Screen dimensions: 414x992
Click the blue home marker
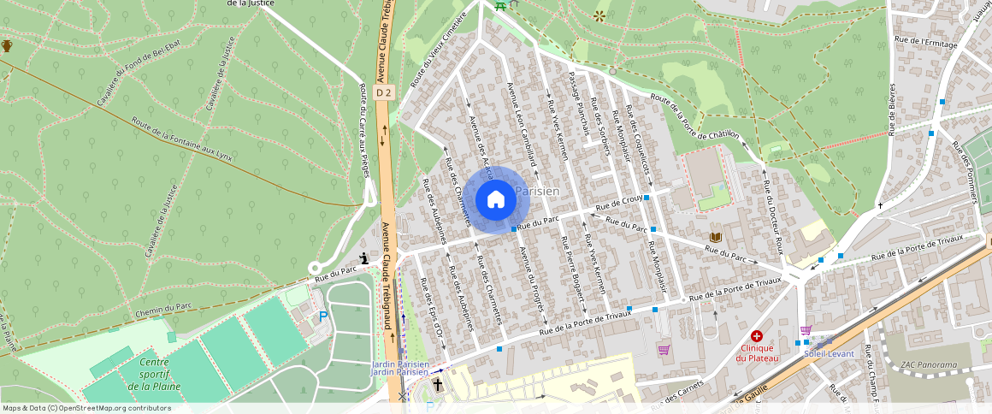[495, 199]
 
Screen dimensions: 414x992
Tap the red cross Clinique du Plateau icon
[756, 337]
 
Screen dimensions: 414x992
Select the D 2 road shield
[384, 92]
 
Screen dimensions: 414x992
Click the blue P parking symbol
[323, 316]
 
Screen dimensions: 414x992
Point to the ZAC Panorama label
[929, 365]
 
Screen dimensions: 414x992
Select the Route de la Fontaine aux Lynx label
[182, 139]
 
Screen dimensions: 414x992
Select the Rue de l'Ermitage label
[925, 40]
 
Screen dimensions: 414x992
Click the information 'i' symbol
[364, 258]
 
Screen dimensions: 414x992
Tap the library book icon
[715, 236]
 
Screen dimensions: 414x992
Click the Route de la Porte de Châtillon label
[694, 115]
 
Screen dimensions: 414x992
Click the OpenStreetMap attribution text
[86, 408]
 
